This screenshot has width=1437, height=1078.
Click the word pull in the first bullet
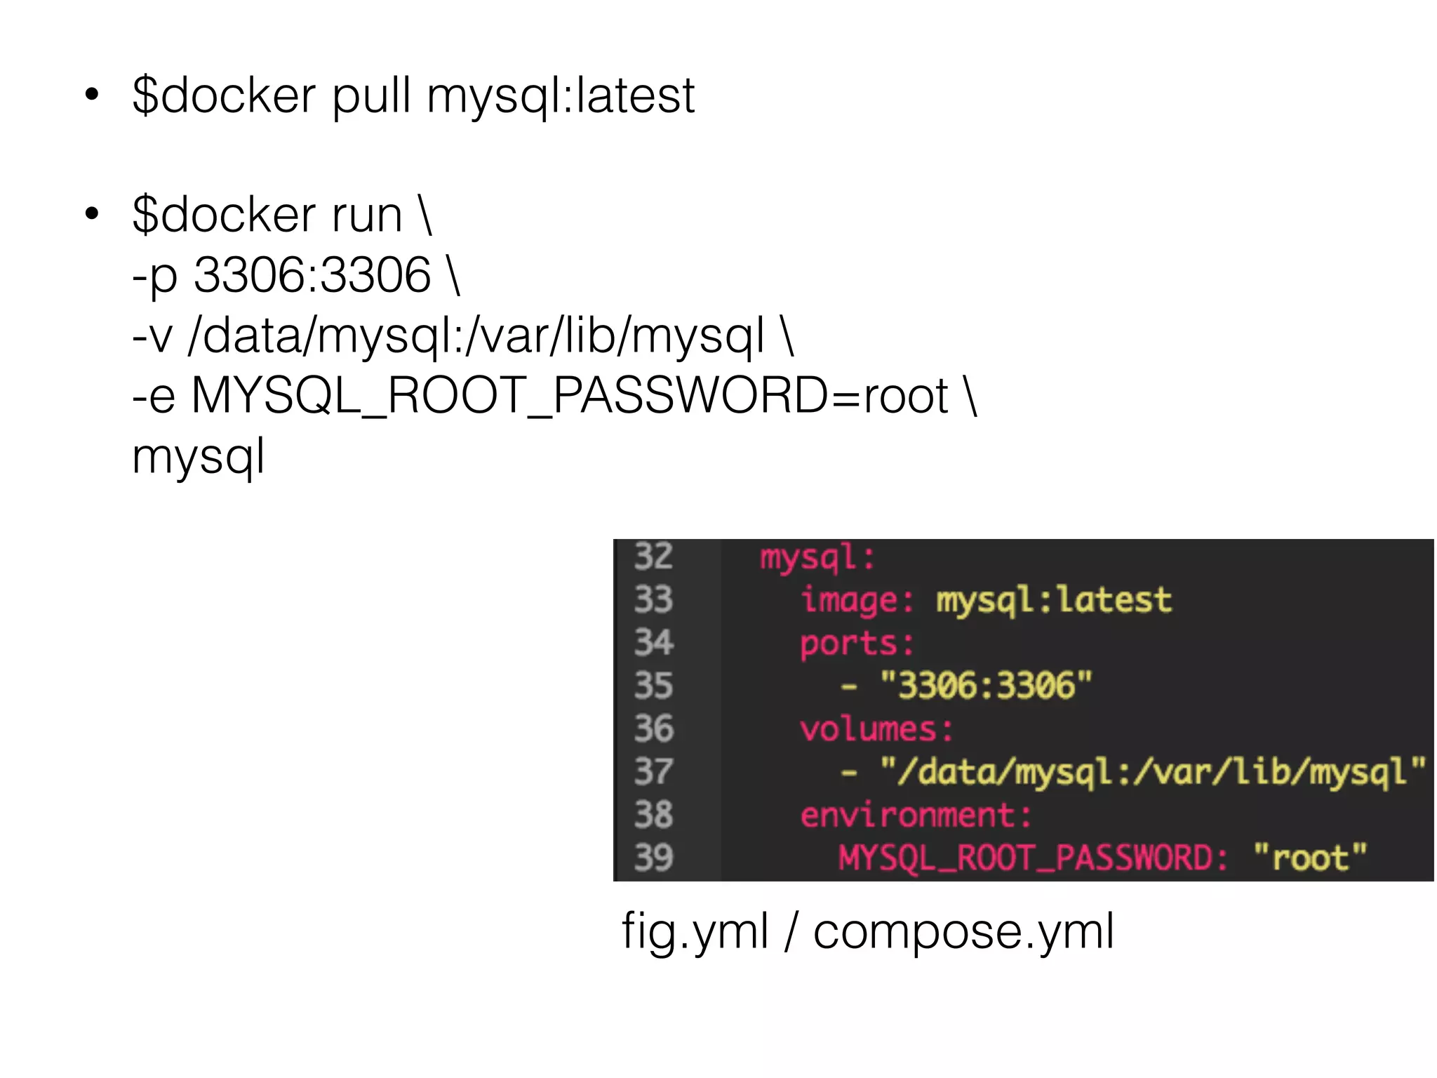click(371, 96)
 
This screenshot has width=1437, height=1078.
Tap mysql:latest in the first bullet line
click(561, 96)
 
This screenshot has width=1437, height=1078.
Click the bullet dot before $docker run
click(92, 214)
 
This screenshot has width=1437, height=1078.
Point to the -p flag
click(154, 277)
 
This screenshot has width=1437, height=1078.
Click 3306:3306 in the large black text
click(312, 275)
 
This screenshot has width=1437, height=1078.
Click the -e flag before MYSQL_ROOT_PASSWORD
click(154, 397)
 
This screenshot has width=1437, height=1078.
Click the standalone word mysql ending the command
click(199, 458)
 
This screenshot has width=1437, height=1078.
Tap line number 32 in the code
click(653, 557)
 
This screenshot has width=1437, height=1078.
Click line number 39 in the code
click(653, 858)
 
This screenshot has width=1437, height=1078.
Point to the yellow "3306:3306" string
click(986, 686)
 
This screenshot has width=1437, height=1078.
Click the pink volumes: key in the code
click(876, 729)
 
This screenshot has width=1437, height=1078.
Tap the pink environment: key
click(916, 816)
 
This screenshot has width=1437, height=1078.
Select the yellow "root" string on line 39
click(1310, 858)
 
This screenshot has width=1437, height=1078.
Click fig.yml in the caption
click(695, 932)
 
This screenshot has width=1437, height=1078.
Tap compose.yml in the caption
click(963, 932)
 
